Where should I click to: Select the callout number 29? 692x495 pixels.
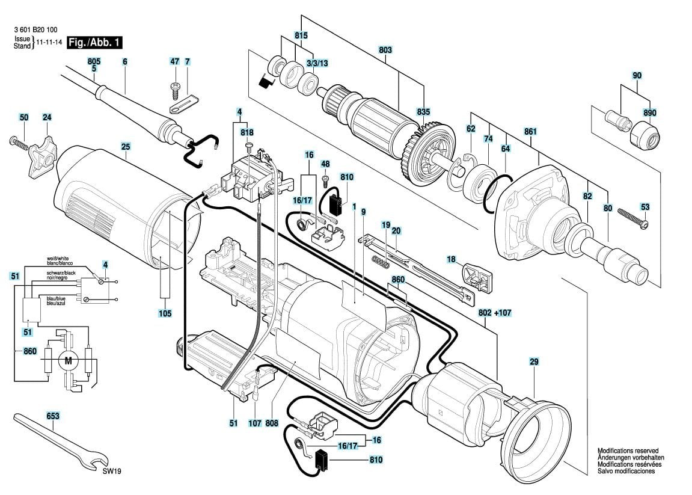[534, 361]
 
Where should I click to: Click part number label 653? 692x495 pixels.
[53, 416]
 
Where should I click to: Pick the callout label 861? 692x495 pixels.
[530, 132]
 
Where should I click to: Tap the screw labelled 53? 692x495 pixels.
[628, 220]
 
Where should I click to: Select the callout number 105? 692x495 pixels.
[165, 313]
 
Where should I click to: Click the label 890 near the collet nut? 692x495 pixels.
[649, 112]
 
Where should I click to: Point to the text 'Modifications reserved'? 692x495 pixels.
[628, 450]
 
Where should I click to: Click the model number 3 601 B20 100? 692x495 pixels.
[35, 29]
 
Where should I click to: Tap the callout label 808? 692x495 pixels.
[272, 423]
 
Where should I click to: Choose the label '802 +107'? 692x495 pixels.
[495, 313]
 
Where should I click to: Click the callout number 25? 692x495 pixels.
[125, 146]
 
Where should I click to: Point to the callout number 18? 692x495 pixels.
[451, 259]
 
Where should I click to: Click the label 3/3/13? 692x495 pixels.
[317, 64]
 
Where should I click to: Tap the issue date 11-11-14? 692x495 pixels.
[50, 43]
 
